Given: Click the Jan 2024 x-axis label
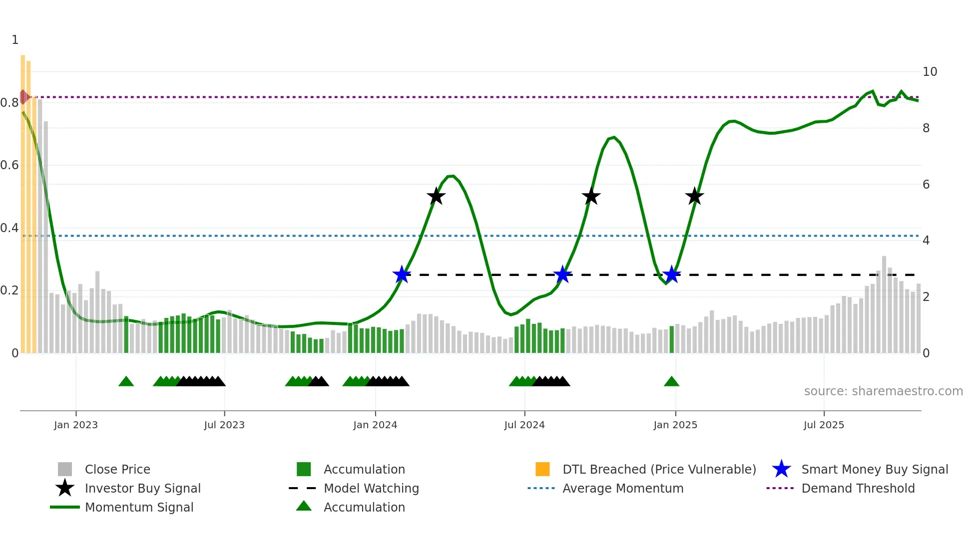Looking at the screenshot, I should click(x=375, y=425).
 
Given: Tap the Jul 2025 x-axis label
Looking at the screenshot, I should click(x=824, y=425).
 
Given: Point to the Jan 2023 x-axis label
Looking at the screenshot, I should click(x=76, y=425).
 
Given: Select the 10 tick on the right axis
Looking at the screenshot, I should click(x=930, y=72).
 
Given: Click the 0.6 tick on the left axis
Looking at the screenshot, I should click(x=9, y=165).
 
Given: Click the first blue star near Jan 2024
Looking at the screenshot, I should click(x=402, y=275).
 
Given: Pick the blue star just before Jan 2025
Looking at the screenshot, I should click(x=672, y=275).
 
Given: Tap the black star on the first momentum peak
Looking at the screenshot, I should click(x=436, y=196).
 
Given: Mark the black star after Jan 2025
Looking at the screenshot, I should click(x=694, y=196).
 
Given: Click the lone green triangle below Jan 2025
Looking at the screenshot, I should click(x=671, y=382).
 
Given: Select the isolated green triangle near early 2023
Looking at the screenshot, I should click(x=126, y=382).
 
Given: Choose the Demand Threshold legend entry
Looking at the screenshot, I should click(x=858, y=488).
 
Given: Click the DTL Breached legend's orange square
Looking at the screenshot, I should click(x=542, y=469).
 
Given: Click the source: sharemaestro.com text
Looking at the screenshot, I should click(x=883, y=391).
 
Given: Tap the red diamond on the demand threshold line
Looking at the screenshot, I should click(x=23, y=97).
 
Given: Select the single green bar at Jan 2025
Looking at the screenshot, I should click(x=671, y=340).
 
